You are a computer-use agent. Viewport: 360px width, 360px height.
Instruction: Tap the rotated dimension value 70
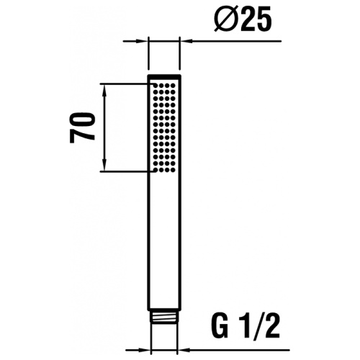pyautogui.click(x=83, y=127)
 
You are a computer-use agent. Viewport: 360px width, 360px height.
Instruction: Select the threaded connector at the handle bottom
pyautogui.click(x=164, y=336)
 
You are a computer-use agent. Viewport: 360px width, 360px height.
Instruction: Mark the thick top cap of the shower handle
pyautogui.click(x=164, y=76)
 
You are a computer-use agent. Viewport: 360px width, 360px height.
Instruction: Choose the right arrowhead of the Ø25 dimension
pyautogui.click(x=185, y=42)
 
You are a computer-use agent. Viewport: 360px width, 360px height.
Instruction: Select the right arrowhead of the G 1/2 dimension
pyautogui.click(x=181, y=347)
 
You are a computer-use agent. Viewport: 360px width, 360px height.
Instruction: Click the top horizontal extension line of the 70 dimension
pyautogui.click(x=126, y=84)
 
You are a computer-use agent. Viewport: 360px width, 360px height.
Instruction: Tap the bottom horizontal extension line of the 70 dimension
pyautogui.click(x=126, y=171)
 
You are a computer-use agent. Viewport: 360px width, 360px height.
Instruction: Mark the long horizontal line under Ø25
pyautogui.click(x=238, y=42)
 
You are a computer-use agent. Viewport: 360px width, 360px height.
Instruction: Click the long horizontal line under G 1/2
pyautogui.click(x=238, y=347)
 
